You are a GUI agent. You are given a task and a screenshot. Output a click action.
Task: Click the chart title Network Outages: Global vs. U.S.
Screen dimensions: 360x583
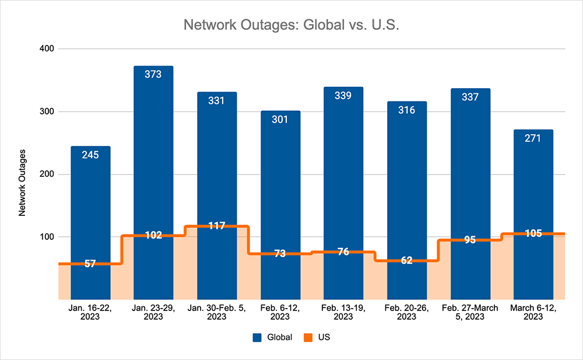point(291,26)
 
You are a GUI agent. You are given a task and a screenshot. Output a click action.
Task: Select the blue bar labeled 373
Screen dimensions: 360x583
point(153,146)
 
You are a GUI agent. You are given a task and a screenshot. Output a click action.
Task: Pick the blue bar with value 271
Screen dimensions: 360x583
point(533,187)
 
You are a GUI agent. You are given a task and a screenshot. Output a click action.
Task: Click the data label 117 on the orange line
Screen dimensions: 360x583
point(217,226)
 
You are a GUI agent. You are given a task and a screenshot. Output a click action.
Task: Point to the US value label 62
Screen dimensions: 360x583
point(407,260)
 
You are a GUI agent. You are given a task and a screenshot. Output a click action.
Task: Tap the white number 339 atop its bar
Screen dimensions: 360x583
point(343,96)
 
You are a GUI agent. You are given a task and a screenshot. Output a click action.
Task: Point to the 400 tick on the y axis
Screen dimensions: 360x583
point(47,49)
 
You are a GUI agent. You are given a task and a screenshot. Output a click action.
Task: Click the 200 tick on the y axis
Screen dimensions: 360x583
point(47,174)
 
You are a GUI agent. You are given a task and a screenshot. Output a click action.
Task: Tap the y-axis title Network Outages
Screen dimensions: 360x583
point(23,183)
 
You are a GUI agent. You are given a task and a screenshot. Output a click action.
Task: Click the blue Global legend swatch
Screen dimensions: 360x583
point(257,337)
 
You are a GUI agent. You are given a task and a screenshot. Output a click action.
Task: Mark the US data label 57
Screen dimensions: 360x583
point(90,264)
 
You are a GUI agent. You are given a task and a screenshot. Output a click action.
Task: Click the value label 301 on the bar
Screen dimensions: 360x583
point(280,120)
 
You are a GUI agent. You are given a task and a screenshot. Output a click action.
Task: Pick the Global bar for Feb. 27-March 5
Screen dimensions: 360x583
point(470,163)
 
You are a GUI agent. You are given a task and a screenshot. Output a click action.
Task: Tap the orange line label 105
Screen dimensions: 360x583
point(533,233)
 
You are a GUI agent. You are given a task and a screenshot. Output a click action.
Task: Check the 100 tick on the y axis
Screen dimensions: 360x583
point(47,237)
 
